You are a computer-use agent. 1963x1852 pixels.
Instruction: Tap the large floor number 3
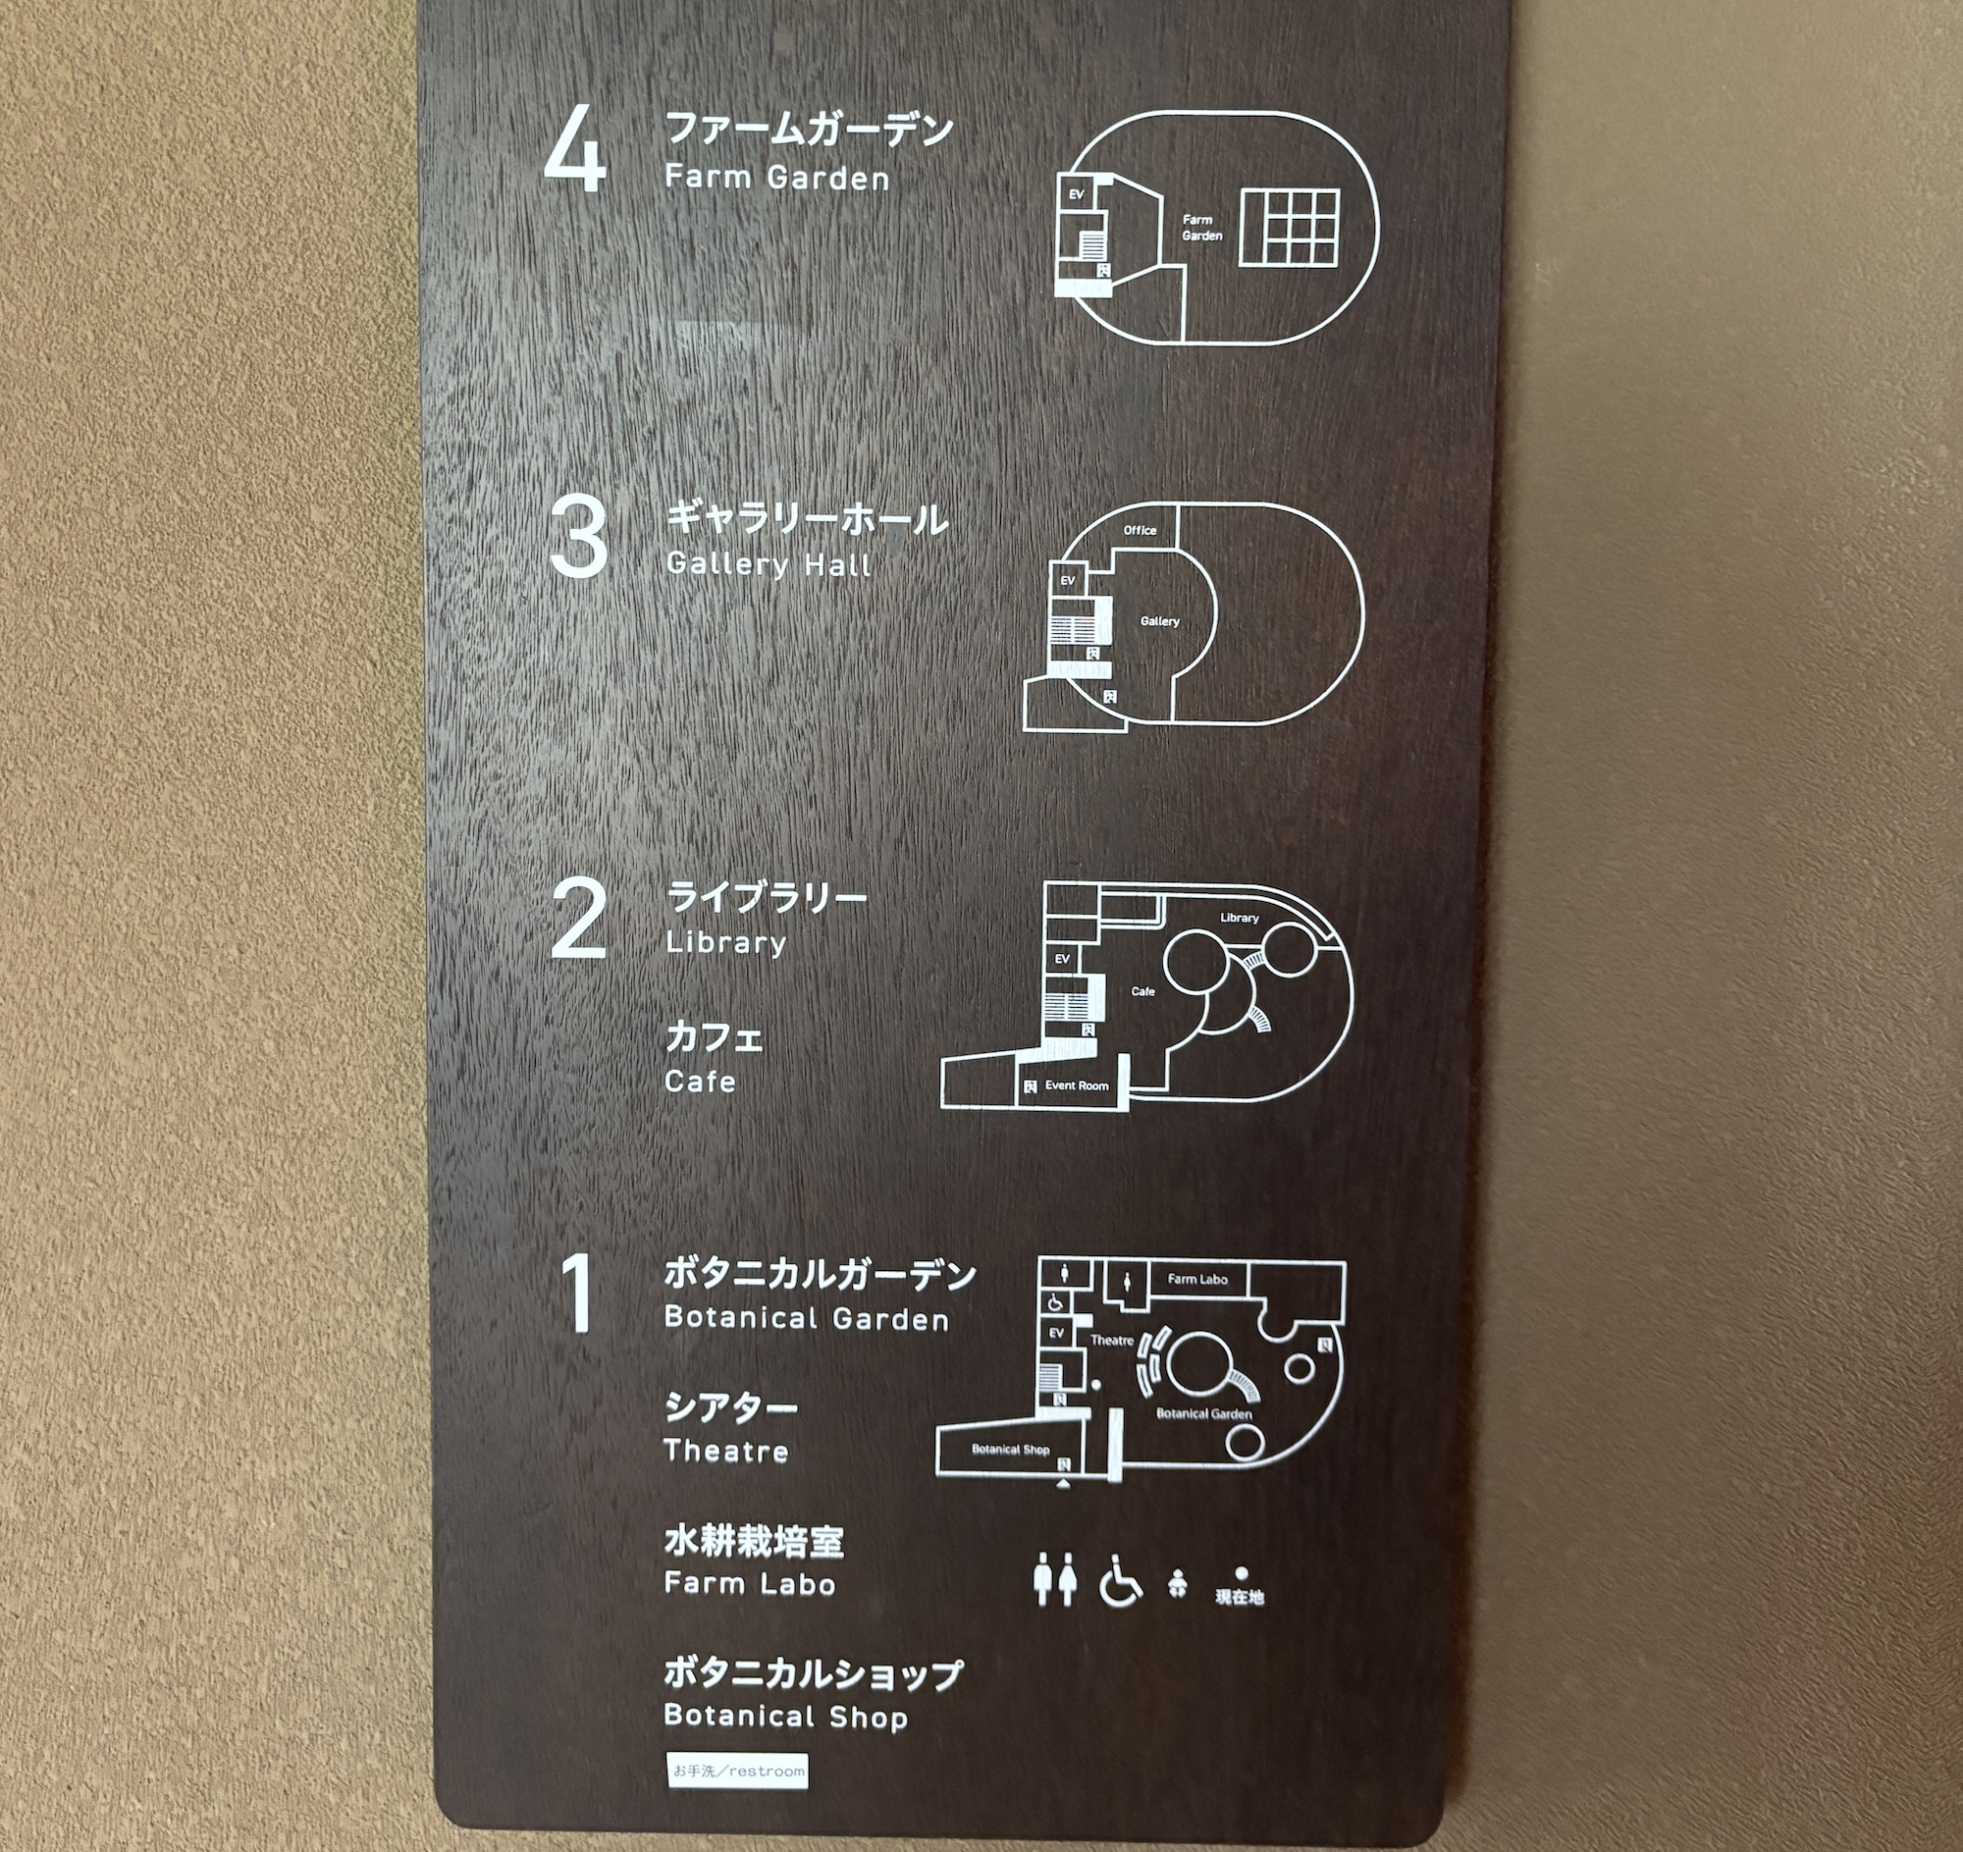point(579,537)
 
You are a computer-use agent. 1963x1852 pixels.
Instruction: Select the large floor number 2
point(578,920)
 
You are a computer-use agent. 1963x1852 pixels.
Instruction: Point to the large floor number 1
point(579,1294)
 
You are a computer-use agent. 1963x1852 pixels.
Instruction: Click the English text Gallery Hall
point(769,564)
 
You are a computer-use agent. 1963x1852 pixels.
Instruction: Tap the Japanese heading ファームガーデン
point(810,130)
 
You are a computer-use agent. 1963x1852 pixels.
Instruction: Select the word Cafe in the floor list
point(700,1081)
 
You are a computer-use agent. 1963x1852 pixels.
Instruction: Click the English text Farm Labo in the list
point(750,1583)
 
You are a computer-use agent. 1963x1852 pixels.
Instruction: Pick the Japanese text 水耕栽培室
point(755,1541)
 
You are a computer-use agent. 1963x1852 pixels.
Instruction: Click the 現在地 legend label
point(1241,1596)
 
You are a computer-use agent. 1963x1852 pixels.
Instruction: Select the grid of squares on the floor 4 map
point(1290,227)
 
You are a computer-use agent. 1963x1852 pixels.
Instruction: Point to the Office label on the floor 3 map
point(1140,530)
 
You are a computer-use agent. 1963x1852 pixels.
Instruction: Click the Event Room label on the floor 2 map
point(1078,1085)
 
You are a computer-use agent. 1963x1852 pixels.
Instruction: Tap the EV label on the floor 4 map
point(1077,194)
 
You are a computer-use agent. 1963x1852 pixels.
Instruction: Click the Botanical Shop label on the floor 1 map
point(1010,1450)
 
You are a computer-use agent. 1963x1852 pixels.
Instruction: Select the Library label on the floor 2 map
point(1240,917)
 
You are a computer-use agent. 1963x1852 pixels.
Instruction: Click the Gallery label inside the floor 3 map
point(1159,621)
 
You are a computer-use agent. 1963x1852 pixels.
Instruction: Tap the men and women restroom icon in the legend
point(1054,1580)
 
